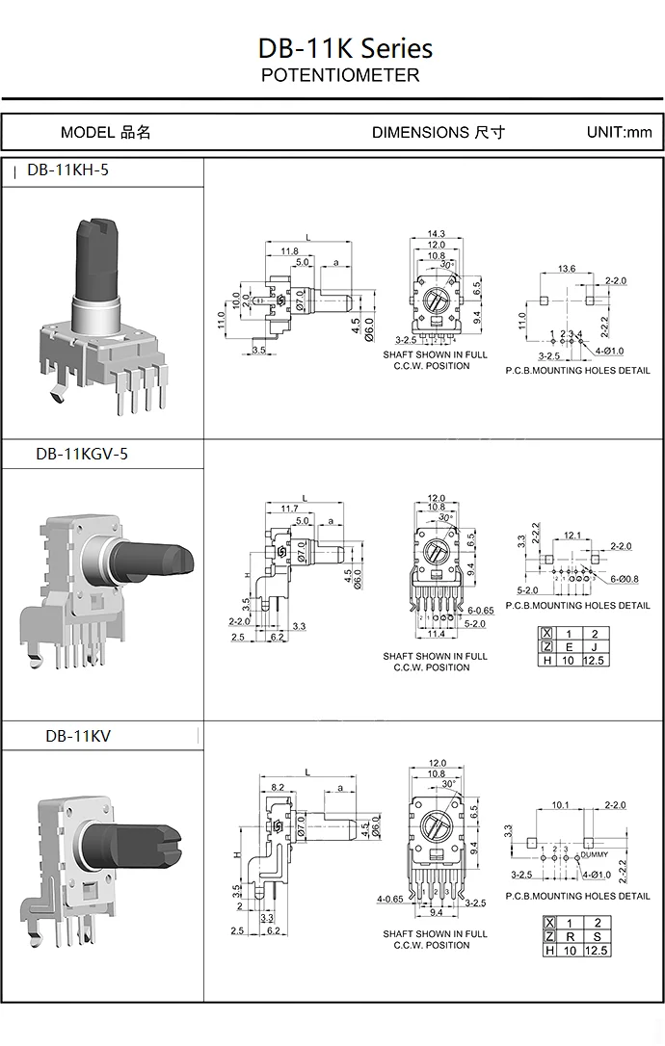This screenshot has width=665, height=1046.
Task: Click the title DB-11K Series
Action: pyautogui.click(x=345, y=49)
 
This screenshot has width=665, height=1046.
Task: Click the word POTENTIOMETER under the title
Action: pyautogui.click(x=340, y=75)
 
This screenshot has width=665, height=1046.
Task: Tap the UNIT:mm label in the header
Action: pyautogui.click(x=619, y=132)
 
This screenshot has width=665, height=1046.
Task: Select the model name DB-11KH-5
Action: pyautogui.click(x=68, y=170)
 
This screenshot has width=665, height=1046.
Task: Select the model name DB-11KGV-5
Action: pyautogui.click(x=82, y=454)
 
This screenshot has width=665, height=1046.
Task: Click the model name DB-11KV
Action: pyautogui.click(x=78, y=736)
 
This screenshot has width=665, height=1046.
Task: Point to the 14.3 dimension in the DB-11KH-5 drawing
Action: pyautogui.click(x=437, y=234)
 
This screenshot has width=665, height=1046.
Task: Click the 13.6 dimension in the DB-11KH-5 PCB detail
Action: pyautogui.click(x=567, y=269)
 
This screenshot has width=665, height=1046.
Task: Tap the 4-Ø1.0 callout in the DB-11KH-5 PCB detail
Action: pyautogui.click(x=609, y=351)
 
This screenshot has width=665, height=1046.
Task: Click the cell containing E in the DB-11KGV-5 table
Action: pyautogui.click(x=570, y=647)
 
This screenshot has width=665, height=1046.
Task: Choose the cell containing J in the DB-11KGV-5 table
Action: pyautogui.click(x=595, y=647)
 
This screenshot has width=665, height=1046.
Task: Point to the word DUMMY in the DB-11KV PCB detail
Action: pyautogui.click(x=594, y=854)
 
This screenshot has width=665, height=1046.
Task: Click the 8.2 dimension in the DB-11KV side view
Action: pyautogui.click(x=278, y=787)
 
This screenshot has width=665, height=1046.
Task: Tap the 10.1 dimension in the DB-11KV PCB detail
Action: pyautogui.click(x=560, y=804)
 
